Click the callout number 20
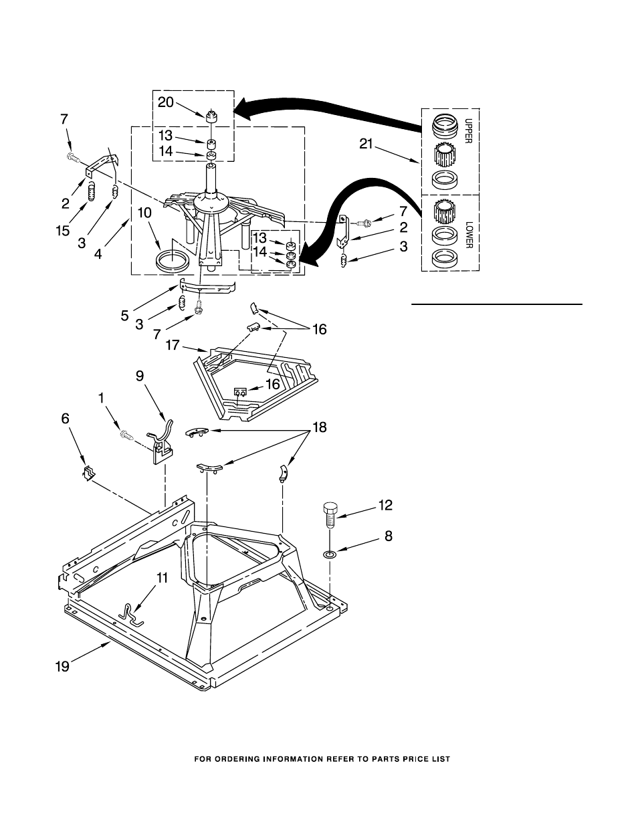[x=166, y=102]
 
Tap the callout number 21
[x=366, y=144]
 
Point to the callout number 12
[x=385, y=505]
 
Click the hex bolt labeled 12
[x=330, y=515]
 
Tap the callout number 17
[x=173, y=345]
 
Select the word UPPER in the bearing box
[x=468, y=131]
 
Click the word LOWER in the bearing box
[x=468, y=235]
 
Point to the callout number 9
[x=140, y=376]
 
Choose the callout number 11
[x=162, y=578]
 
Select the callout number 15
[x=63, y=230]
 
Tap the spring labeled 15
[x=90, y=191]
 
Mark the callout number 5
[x=125, y=316]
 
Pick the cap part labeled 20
[x=211, y=116]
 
